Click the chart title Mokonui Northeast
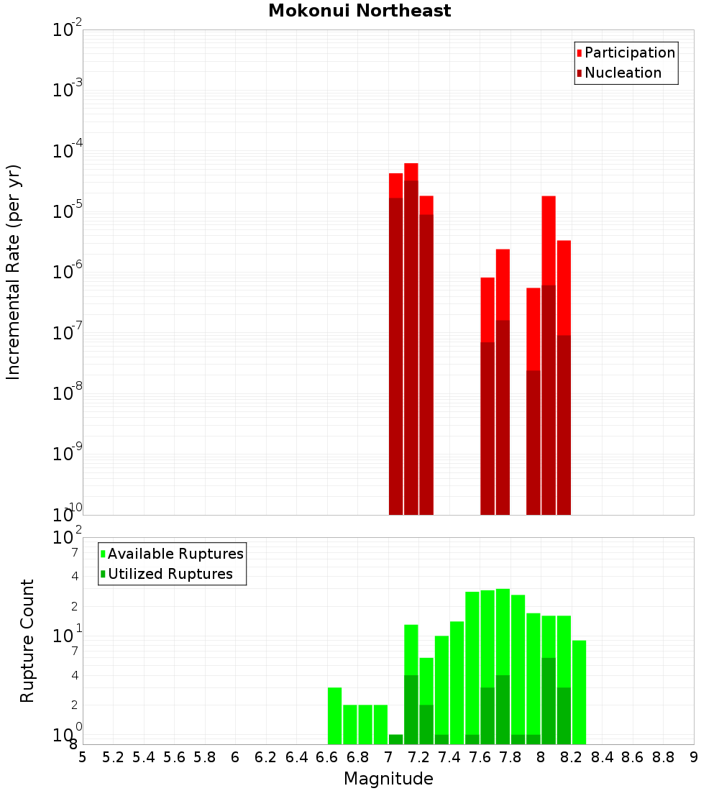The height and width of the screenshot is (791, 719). pos(359,11)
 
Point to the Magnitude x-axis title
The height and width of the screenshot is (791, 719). pos(388,779)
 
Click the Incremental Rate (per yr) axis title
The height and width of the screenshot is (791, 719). pos(13,272)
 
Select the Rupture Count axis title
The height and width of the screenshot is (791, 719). pos(27,640)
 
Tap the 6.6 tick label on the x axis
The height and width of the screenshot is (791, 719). pos(327,757)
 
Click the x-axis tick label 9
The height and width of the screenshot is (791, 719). pos(694,757)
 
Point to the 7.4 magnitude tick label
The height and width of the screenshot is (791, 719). pos(449,757)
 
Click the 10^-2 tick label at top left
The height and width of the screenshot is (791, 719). pos(68,29)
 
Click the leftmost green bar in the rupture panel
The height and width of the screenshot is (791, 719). pos(334,715)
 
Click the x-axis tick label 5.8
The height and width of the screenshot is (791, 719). pos(204,757)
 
